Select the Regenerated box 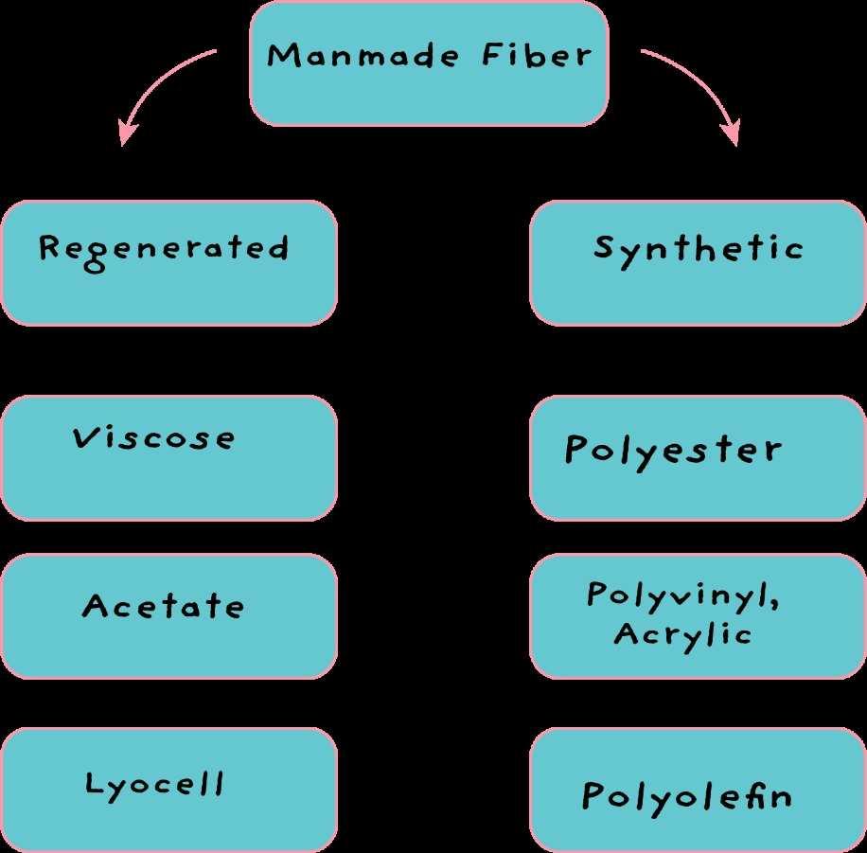(x=168, y=262)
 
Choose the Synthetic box (x=698, y=262)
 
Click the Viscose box (x=168, y=457)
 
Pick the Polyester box (x=698, y=457)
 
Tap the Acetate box (x=168, y=615)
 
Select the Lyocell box (x=168, y=790)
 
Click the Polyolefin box (x=698, y=790)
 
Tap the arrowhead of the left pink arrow (x=126, y=133)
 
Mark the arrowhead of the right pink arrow (x=731, y=133)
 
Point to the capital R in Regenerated (x=50, y=248)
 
